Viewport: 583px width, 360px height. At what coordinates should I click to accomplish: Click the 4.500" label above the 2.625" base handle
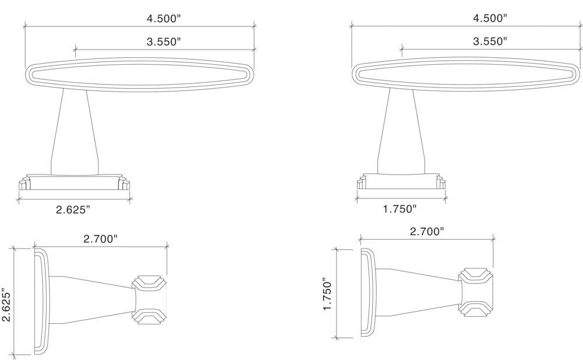point(164,18)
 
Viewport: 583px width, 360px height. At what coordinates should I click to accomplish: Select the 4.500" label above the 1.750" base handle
point(490,18)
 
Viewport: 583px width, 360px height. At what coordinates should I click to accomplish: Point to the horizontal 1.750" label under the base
point(400,208)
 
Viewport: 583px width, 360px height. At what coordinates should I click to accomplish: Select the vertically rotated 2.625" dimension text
point(7,303)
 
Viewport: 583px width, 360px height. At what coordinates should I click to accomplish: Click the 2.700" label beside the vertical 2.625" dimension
point(101,238)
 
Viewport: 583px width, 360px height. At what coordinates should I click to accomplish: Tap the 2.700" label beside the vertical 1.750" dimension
point(427,232)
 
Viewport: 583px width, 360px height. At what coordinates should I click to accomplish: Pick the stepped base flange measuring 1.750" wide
point(401,181)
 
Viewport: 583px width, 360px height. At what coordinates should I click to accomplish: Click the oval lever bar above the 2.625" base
point(140,74)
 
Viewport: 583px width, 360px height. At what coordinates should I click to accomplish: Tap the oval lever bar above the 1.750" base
point(466,74)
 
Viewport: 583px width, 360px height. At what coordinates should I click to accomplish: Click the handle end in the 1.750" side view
point(476,292)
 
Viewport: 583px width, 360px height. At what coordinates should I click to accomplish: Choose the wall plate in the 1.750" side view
point(368,293)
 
